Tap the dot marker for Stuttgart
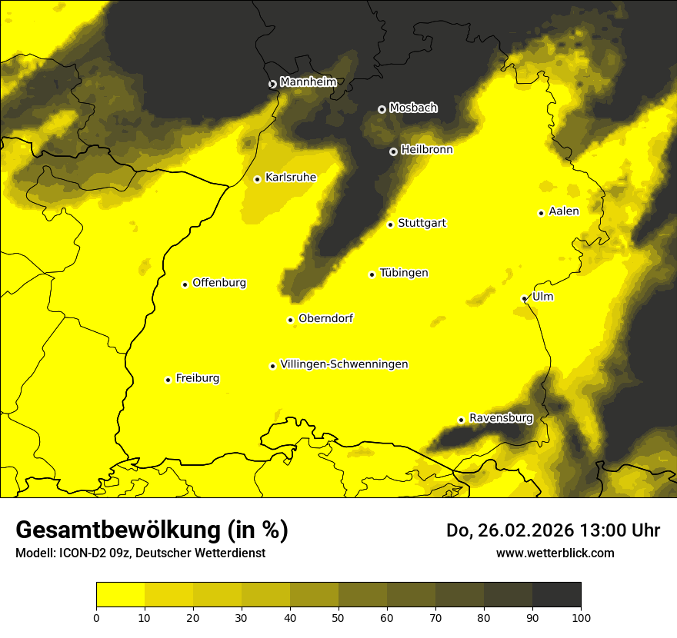(390, 224)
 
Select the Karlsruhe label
(290, 178)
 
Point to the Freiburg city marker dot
(168, 380)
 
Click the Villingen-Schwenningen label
(344, 364)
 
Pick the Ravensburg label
(501, 418)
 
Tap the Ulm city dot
(524, 298)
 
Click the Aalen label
(564, 211)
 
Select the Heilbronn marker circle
(393, 151)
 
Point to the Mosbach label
(413, 108)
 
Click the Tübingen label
(404, 273)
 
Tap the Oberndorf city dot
(290, 320)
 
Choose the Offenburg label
(219, 283)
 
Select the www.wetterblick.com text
(555, 553)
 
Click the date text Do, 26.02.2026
(511, 530)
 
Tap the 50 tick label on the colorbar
(338, 617)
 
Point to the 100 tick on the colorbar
(581, 617)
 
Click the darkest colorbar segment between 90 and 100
(556, 594)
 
